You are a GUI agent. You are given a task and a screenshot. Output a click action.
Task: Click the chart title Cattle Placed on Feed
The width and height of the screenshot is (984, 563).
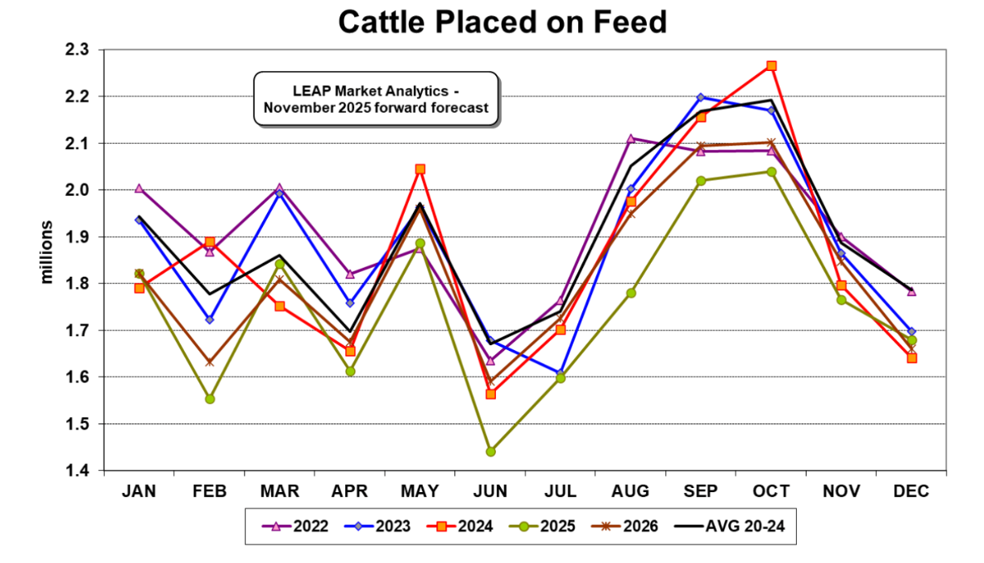pos(502,22)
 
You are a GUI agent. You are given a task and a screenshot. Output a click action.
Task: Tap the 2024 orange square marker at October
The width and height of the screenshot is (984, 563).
pos(771,66)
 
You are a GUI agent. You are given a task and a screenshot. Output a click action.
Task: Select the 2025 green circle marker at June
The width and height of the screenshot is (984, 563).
pos(490,451)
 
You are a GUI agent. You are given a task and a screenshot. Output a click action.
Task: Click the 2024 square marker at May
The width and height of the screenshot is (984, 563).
pos(420,169)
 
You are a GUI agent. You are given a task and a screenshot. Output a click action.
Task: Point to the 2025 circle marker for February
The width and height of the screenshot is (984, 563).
pos(210,398)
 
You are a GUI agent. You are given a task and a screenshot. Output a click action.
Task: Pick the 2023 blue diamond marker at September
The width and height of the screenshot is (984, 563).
pos(700,97)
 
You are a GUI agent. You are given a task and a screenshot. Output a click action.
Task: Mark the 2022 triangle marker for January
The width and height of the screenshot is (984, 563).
pos(140,189)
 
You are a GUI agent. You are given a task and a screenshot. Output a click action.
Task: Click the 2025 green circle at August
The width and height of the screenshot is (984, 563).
pos(631,293)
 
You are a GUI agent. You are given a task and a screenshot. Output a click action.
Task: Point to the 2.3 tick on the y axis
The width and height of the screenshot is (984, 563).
pos(84,50)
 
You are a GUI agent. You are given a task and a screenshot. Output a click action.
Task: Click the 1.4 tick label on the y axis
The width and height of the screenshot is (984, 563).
pos(84,470)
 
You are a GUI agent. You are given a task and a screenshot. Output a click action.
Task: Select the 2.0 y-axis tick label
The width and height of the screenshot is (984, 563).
pos(84,190)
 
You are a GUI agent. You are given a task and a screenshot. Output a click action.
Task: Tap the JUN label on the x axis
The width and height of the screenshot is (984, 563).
pos(490,491)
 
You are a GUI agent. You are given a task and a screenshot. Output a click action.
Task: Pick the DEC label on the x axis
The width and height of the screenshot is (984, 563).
pos(911,491)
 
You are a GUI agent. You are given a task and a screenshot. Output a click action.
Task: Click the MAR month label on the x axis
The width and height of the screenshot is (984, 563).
pos(280,491)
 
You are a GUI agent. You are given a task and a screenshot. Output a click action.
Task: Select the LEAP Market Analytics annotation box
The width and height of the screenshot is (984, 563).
pos(377,99)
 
